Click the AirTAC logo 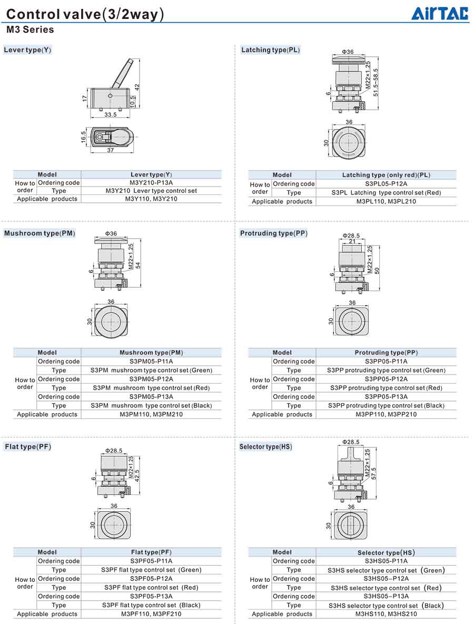click(x=439, y=13)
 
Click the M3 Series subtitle click(x=30, y=30)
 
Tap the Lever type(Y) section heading click(x=27, y=50)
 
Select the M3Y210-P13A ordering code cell click(x=151, y=183)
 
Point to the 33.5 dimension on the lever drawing click(x=111, y=114)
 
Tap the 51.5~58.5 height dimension click(x=376, y=81)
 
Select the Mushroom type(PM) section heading click(x=39, y=233)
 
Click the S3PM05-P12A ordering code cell click(x=151, y=379)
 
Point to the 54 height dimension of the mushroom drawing click(x=138, y=265)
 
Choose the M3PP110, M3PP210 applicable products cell click(x=386, y=414)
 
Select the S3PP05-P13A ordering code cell click(x=386, y=397)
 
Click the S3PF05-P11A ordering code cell click(x=151, y=561)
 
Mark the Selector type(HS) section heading click(x=265, y=447)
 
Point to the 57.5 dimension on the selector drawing click(x=374, y=473)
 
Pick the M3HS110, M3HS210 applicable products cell click(x=386, y=614)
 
